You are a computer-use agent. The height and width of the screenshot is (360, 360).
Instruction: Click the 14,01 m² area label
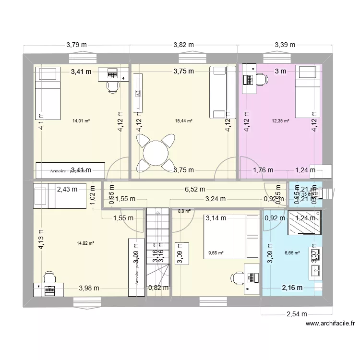pos(81,121)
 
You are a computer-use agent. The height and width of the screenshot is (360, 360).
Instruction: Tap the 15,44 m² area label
pos(184,121)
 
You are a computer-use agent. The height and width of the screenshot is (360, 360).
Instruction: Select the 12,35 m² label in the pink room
pos(280,121)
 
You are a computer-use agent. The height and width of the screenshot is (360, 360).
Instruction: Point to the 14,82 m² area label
pos(85,243)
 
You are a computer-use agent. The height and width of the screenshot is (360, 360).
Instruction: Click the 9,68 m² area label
pos(216,253)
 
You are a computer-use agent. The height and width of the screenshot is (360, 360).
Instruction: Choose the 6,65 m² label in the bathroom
pos(292,253)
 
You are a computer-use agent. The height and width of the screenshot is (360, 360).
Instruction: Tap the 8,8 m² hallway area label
pos(184,210)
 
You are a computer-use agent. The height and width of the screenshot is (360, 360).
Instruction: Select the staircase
pos(158,250)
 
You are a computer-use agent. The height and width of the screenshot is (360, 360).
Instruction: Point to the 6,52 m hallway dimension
pos(195,189)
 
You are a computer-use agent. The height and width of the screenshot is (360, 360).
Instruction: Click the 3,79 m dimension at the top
pos(77,45)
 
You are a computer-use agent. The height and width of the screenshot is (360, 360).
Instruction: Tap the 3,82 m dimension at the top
pos(183,45)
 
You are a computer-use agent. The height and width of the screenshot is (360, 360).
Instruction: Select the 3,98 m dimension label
pos(89,288)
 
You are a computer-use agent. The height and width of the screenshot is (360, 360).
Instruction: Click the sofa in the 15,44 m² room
pos(222,92)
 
